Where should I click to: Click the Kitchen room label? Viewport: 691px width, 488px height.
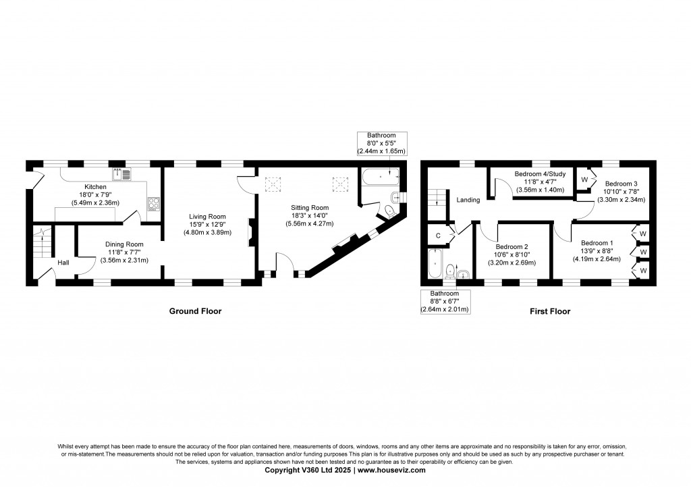click(95, 187)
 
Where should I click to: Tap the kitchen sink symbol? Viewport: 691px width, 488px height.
click(122, 174)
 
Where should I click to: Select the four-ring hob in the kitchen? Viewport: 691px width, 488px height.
click(153, 204)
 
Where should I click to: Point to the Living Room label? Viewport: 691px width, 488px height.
click(207, 217)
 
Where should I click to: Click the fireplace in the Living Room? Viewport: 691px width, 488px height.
click(251, 232)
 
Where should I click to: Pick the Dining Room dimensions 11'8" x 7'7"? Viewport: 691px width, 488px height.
click(124, 252)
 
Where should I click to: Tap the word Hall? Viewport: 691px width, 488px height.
click(63, 263)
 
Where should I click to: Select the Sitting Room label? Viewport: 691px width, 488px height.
click(309, 208)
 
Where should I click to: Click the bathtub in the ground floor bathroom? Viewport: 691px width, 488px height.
click(381, 177)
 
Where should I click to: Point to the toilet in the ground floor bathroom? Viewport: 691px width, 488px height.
click(389, 211)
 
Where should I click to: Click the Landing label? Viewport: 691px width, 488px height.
click(468, 200)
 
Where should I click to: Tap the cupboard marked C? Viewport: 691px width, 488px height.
click(438, 236)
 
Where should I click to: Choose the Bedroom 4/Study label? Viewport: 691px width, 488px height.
click(540, 174)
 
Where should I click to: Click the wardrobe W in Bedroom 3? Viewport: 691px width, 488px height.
click(584, 180)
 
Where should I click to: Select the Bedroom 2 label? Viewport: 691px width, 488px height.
click(512, 247)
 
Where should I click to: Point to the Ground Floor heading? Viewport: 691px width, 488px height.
click(195, 311)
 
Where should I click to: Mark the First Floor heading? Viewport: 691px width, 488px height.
click(550, 311)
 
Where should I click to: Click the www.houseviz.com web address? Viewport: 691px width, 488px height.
click(391, 470)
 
